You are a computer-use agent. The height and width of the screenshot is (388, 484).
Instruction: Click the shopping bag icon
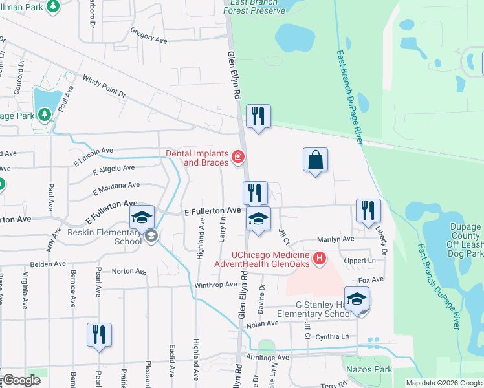[315, 160]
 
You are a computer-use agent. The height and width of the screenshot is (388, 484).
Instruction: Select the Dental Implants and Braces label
[197, 158]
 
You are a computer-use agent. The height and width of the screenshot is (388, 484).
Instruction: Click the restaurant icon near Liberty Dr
[368, 211]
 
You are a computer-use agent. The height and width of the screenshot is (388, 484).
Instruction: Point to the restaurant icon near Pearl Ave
[99, 335]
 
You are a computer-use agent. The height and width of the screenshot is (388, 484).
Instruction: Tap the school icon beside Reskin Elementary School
[142, 219]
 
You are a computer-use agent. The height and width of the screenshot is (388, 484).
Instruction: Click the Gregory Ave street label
[148, 35]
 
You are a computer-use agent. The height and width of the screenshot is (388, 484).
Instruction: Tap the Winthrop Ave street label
[215, 285]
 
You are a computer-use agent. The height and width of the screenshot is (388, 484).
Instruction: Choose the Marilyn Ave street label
[335, 239]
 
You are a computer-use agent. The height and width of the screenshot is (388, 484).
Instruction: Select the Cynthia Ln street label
[332, 337]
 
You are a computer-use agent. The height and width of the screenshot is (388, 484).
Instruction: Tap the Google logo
[23, 380]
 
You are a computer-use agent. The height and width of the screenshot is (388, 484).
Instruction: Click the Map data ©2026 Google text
[443, 383]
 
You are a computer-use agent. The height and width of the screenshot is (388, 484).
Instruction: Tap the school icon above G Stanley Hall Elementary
[357, 299]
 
